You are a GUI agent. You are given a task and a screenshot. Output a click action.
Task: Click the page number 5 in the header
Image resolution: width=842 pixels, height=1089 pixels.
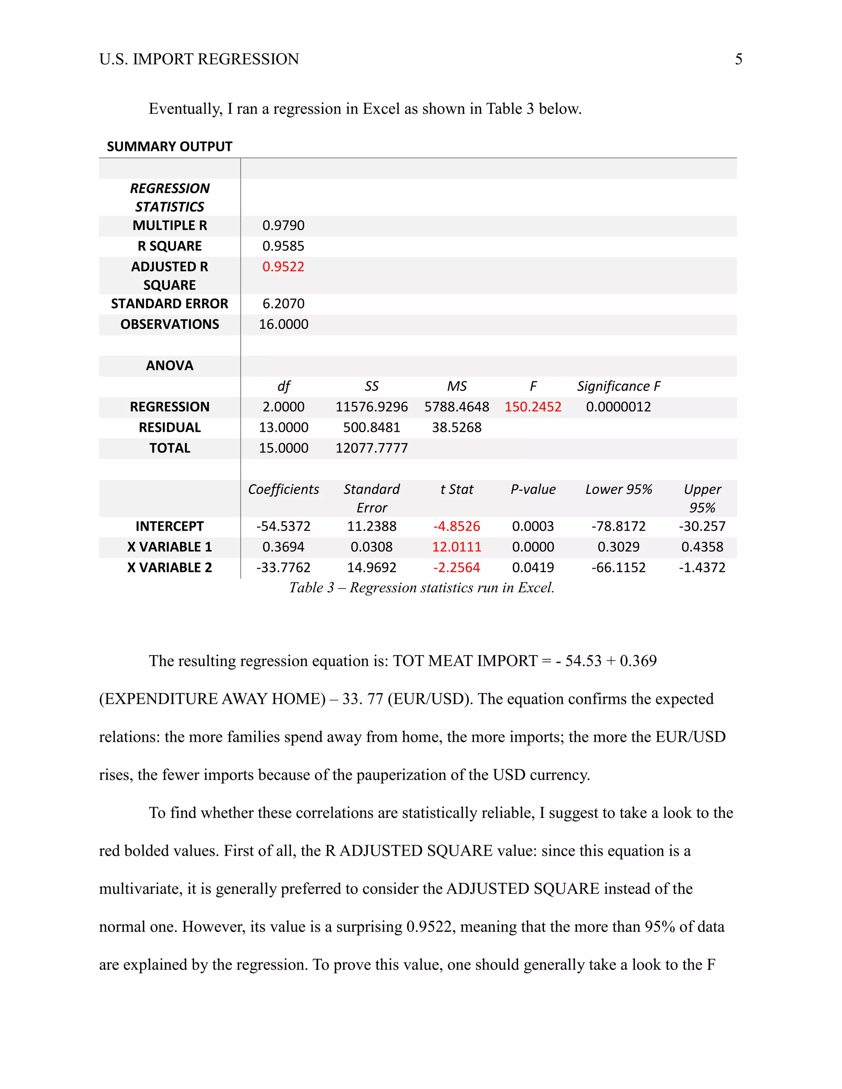pos(738,59)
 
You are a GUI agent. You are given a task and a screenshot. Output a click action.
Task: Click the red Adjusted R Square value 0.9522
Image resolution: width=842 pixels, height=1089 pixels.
pos(283,267)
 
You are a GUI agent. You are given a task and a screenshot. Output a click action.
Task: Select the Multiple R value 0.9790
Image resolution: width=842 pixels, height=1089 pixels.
pos(283,225)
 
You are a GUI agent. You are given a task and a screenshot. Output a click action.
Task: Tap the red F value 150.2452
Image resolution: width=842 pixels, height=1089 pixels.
pos(532,407)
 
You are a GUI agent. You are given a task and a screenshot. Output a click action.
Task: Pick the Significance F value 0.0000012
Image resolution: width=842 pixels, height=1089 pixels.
pos(618,407)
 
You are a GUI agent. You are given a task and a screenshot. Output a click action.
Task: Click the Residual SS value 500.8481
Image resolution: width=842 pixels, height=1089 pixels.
pos(371,427)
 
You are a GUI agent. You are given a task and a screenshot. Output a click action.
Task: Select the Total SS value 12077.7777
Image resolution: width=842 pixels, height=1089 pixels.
pos(371,448)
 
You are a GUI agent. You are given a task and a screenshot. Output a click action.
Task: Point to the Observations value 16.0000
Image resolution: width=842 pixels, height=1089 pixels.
pos(283,324)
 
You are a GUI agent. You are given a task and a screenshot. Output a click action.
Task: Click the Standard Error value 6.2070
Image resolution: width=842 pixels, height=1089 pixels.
pos(283,304)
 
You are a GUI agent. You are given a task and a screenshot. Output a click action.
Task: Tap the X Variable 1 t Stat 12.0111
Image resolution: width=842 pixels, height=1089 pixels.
pos(456,547)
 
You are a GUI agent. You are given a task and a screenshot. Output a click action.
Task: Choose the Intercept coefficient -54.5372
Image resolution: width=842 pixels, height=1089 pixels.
pos(283,526)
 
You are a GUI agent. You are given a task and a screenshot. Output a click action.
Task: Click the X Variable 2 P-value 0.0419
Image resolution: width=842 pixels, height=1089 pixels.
pos(532,568)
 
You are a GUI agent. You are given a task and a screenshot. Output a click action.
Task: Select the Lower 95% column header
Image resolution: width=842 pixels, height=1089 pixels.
pos(618,489)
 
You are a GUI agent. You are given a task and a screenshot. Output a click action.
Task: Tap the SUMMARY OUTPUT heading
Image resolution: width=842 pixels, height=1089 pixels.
pos(170,147)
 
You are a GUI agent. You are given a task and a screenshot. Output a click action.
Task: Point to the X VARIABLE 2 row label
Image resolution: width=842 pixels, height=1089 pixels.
pos(170,568)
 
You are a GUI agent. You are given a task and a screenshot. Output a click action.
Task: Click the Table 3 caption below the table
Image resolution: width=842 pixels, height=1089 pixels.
pos(421,588)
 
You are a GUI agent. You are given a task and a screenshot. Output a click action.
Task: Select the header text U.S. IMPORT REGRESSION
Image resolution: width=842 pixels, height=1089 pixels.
pos(199,59)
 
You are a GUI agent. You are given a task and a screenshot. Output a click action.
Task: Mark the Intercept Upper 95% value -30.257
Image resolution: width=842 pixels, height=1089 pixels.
pos(702,526)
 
